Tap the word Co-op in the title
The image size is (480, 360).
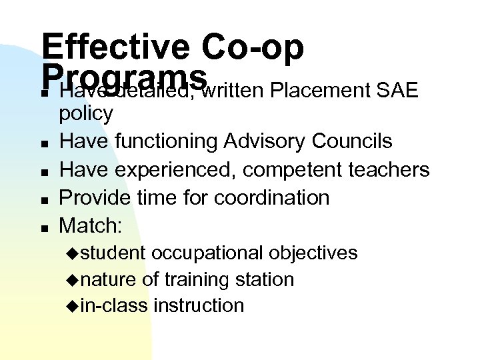[x=253, y=47]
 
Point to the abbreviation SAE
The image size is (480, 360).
[x=397, y=90]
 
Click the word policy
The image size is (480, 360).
[x=86, y=114]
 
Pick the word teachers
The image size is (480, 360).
[x=390, y=170]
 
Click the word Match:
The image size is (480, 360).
[x=91, y=226]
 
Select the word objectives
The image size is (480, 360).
[x=313, y=253]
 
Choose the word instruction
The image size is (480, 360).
[x=199, y=306]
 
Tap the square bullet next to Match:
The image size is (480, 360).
[x=43, y=227]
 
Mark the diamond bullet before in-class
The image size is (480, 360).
[x=73, y=307]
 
